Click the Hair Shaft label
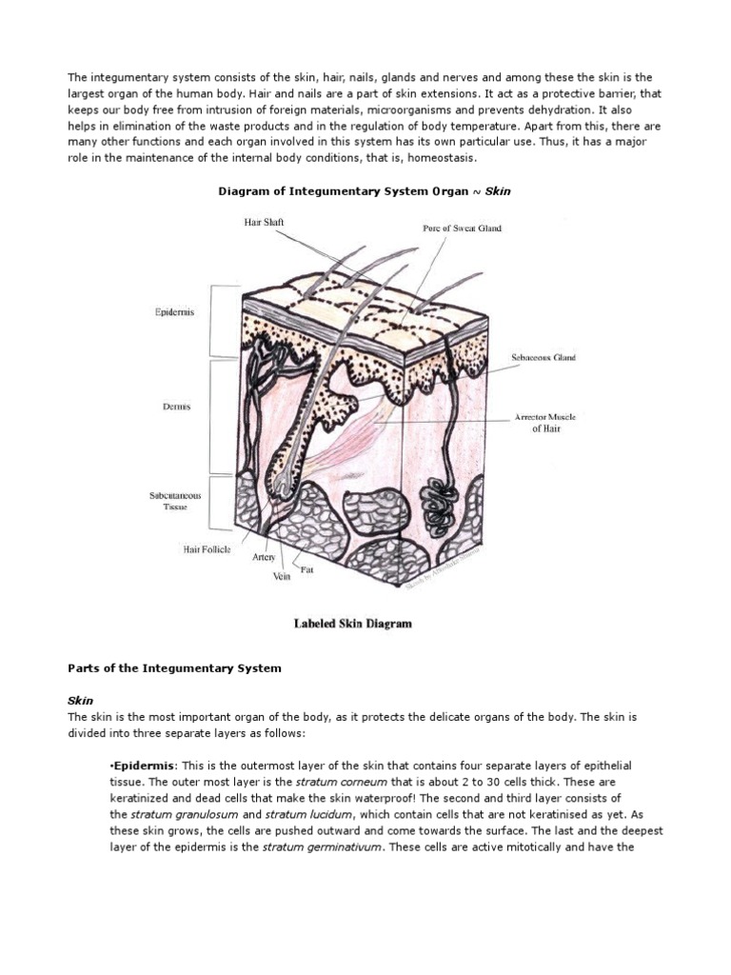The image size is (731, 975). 265,223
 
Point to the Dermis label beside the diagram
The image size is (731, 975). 176,407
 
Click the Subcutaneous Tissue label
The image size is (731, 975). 172,501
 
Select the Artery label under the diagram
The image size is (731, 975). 265,557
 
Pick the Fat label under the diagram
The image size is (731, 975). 307,570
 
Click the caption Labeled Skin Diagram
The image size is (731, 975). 351,625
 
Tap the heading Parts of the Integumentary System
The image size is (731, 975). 174,668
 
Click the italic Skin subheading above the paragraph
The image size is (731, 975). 81,700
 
